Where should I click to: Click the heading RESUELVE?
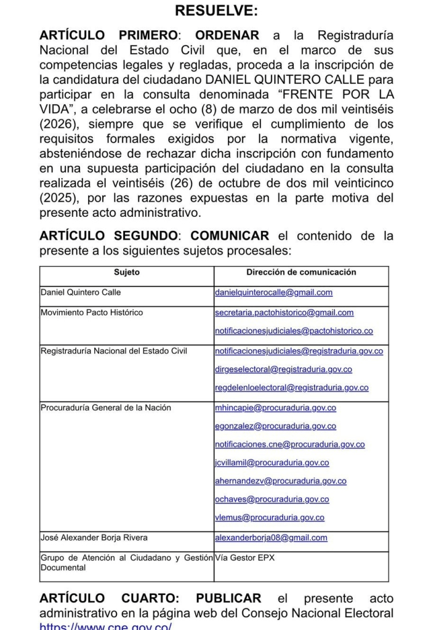click(x=216, y=12)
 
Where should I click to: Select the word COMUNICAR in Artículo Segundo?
click(x=229, y=236)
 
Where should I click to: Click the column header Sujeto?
click(x=127, y=273)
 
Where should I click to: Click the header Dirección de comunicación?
click(x=301, y=273)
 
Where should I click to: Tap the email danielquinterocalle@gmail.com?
click(x=273, y=293)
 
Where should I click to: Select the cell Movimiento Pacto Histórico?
click(x=91, y=313)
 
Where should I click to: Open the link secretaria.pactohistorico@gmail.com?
click(x=284, y=313)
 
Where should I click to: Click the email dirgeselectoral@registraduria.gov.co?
click(x=283, y=370)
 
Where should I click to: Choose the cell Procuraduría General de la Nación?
click(x=105, y=408)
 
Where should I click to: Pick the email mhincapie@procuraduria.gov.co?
click(x=275, y=408)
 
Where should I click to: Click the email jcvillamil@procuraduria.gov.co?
click(x=272, y=463)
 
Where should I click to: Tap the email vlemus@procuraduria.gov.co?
click(x=269, y=518)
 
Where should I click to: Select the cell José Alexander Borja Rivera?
click(x=94, y=538)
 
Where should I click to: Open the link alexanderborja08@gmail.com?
click(x=271, y=538)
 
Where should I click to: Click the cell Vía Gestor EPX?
click(x=244, y=558)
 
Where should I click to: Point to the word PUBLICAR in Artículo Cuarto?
click(x=228, y=599)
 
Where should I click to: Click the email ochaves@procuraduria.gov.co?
click(x=272, y=499)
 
